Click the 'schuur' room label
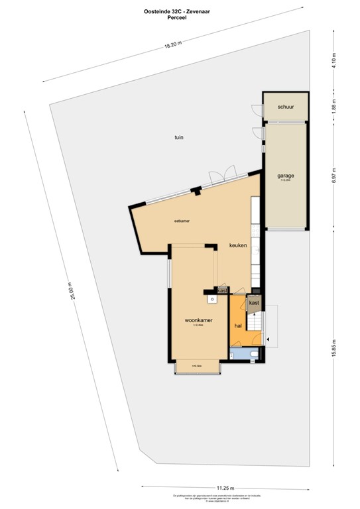[286, 107]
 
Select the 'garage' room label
[286, 176]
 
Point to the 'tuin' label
[178, 137]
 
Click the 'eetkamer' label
[182, 221]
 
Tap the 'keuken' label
[238, 245]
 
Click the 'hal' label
[238, 326]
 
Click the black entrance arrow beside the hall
[269, 339]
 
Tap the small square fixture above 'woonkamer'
[211, 299]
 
